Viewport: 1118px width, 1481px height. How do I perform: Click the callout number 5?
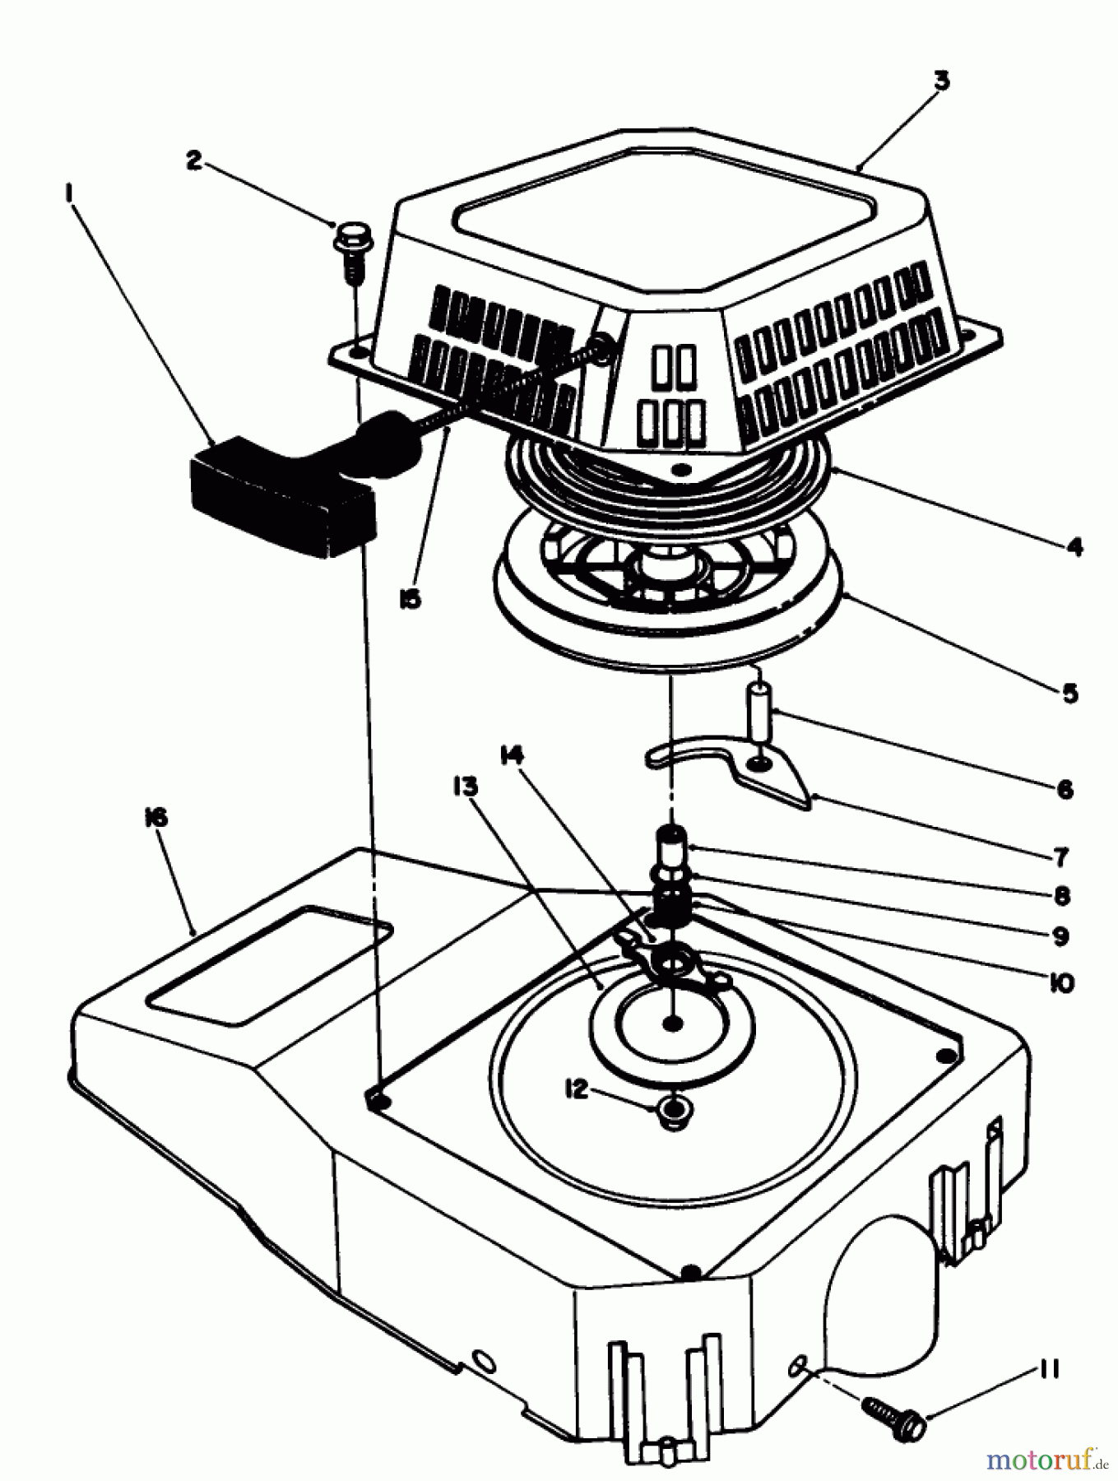tap(1069, 693)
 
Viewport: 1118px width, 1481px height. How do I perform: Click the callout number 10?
tap(1062, 982)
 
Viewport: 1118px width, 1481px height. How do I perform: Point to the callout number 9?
tap(1060, 935)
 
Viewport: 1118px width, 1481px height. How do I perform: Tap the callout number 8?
tap(1061, 895)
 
